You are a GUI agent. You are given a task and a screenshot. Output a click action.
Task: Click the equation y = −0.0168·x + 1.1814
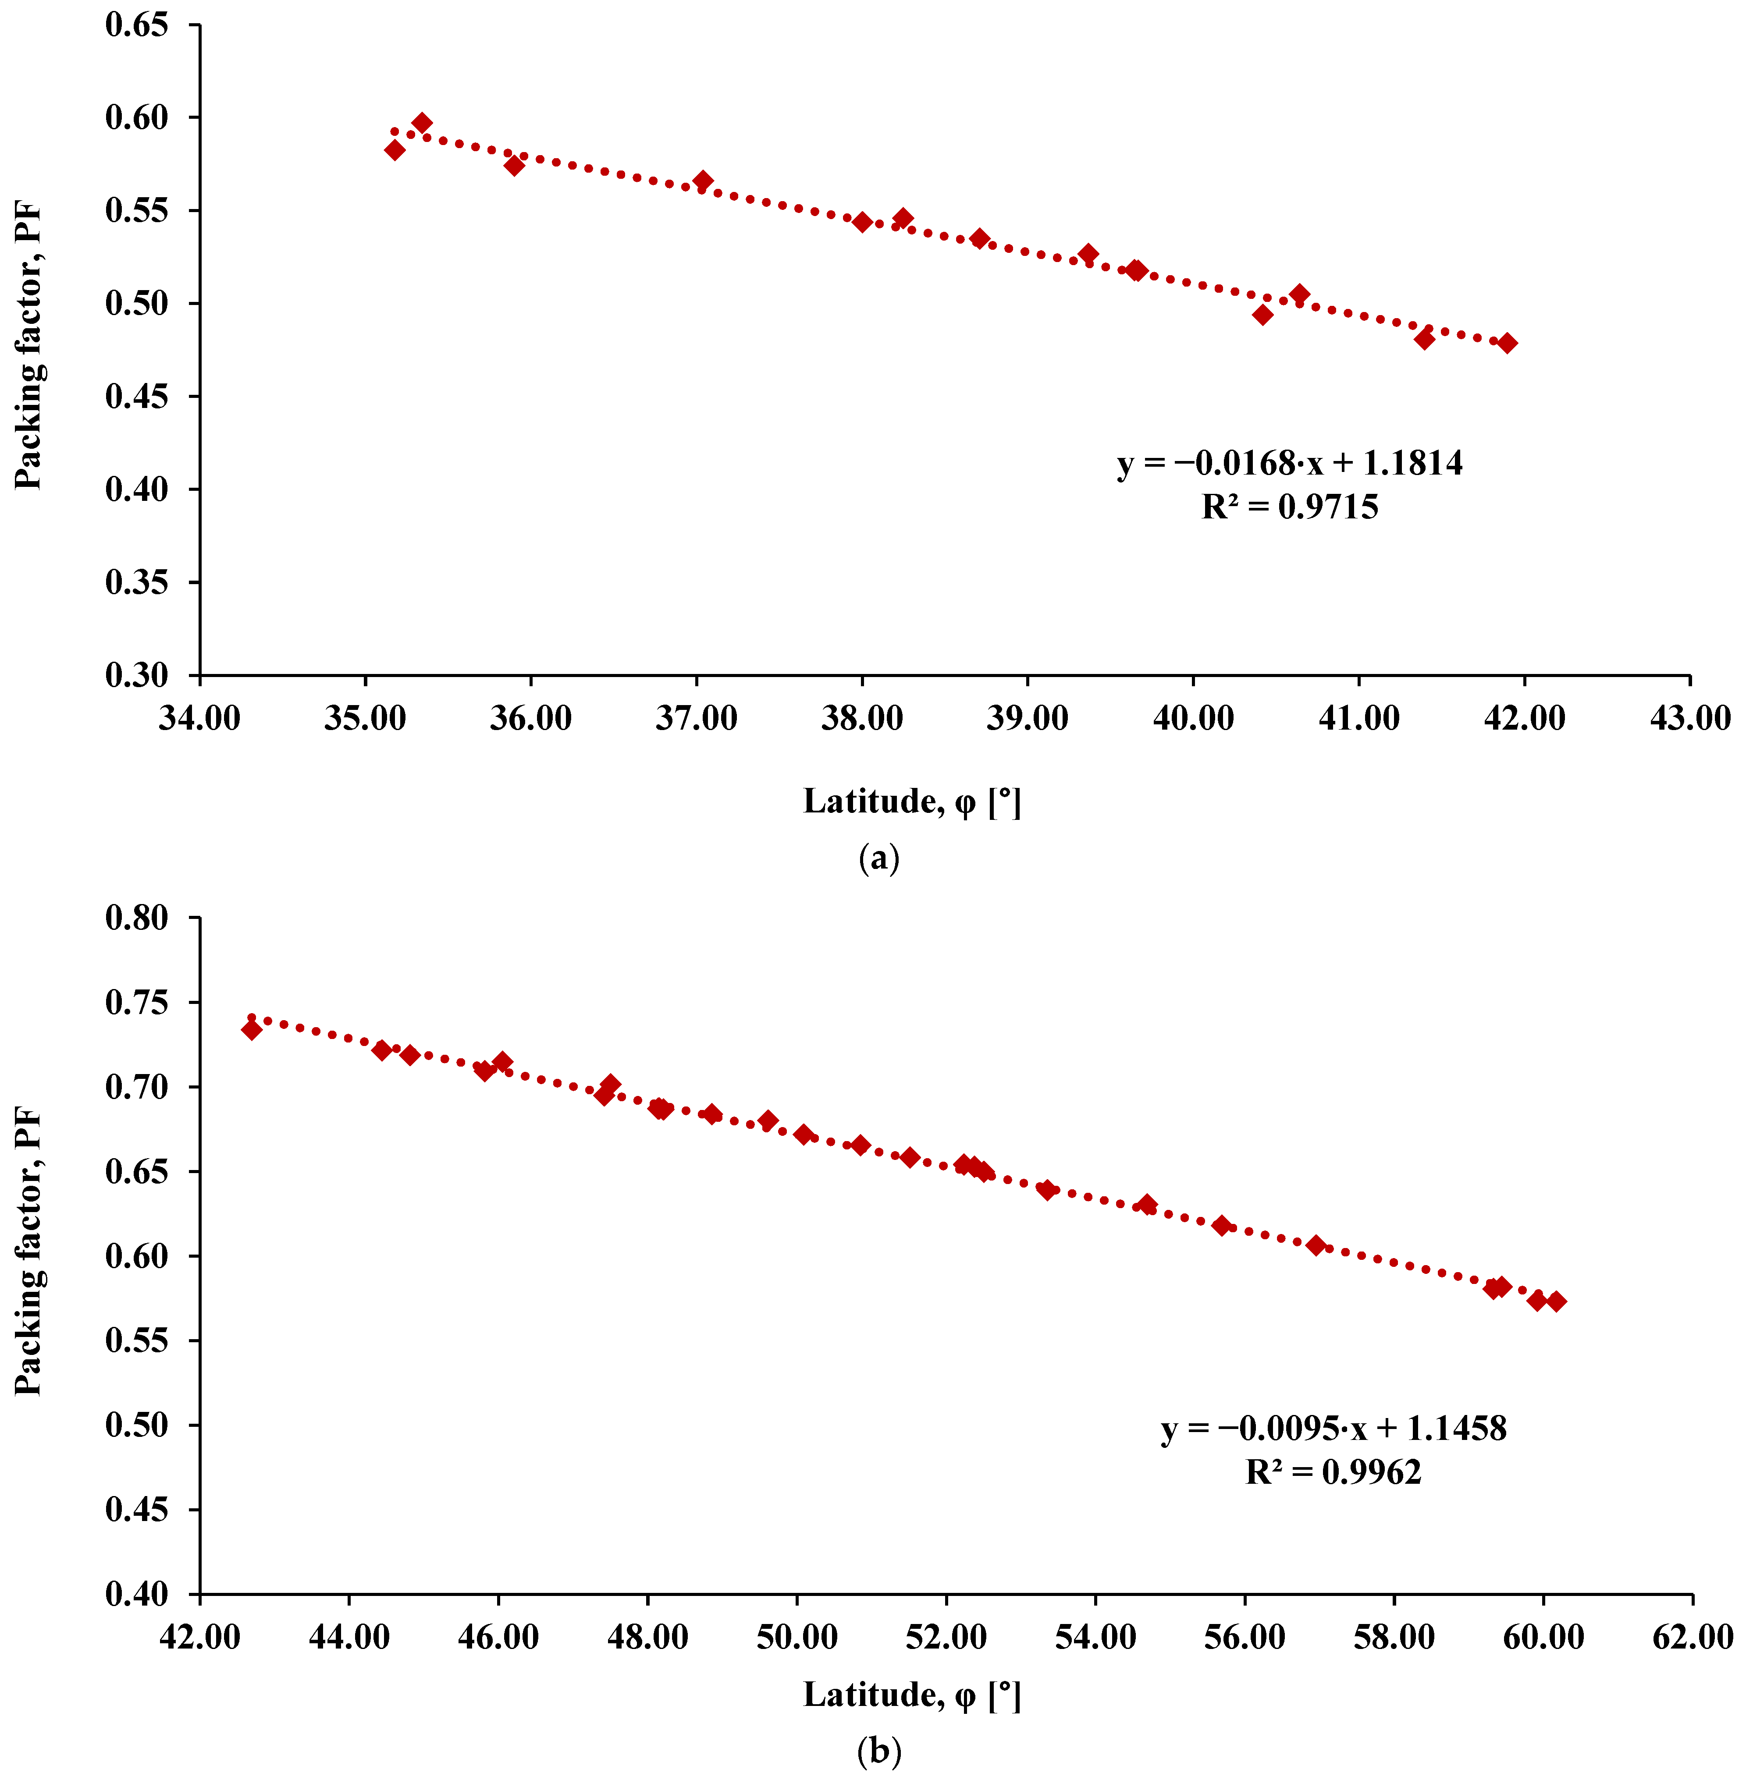(1289, 464)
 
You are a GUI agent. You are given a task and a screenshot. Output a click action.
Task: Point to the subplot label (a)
(878, 859)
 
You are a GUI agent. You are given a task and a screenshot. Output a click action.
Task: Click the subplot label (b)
(878, 1752)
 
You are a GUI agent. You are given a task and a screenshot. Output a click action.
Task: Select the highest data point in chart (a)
(422, 123)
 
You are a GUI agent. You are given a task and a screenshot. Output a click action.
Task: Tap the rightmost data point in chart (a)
(1507, 343)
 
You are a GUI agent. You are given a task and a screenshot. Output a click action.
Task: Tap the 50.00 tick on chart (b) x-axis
(797, 1637)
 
